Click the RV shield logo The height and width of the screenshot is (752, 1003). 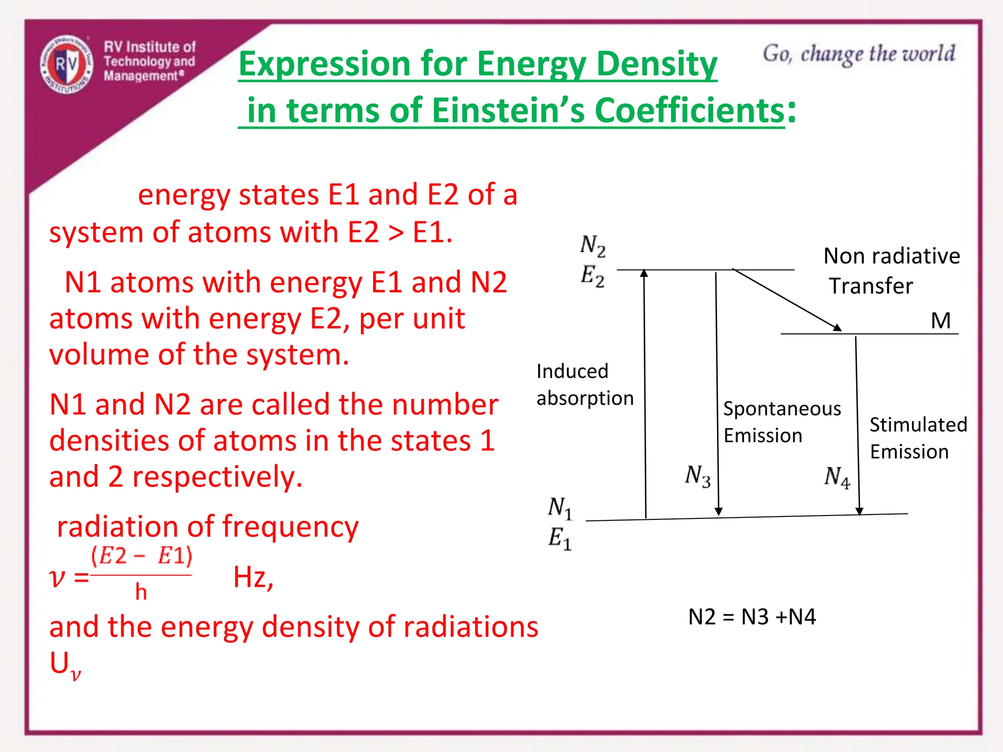pyautogui.click(x=67, y=64)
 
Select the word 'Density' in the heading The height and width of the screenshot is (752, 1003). pyautogui.click(x=657, y=64)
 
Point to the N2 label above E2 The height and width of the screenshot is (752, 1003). pyautogui.click(x=593, y=245)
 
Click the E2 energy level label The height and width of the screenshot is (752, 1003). pyautogui.click(x=593, y=276)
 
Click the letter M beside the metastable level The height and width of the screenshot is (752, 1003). pyautogui.click(x=940, y=321)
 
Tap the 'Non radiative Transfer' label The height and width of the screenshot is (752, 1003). pyautogui.click(x=891, y=271)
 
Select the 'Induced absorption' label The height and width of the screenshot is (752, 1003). pyautogui.click(x=585, y=385)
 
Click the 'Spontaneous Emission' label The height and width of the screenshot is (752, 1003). pyautogui.click(x=782, y=422)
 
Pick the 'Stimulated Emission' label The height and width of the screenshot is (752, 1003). pyautogui.click(x=918, y=438)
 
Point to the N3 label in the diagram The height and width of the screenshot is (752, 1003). pyautogui.click(x=697, y=476)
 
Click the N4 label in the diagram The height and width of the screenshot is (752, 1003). pyautogui.click(x=837, y=477)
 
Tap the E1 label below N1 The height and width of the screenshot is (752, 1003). pyautogui.click(x=559, y=539)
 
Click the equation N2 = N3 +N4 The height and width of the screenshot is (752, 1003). pyautogui.click(x=752, y=617)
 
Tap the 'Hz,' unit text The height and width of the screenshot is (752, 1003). pyautogui.click(x=253, y=577)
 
